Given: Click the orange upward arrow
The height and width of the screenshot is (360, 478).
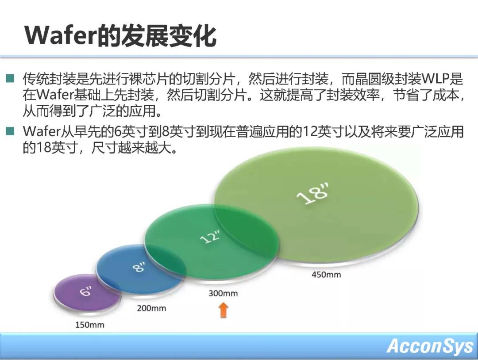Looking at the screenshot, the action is (x=224, y=310).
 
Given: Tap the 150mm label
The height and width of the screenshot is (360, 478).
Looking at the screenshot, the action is (x=89, y=325).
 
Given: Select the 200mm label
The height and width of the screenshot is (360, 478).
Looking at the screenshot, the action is (x=151, y=308).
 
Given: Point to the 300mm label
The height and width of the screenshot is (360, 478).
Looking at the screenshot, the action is (x=223, y=293).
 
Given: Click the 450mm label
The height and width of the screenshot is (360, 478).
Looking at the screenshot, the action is (x=326, y=274).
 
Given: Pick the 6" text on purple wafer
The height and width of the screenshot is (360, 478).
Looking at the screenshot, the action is (x=86, y=291).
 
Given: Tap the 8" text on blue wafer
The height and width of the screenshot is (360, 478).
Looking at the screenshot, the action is (x=139, y=267).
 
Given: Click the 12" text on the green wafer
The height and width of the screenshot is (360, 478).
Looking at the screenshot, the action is (x=210, y=237).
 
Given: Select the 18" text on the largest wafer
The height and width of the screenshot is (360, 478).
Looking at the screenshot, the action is (x=313, y=193).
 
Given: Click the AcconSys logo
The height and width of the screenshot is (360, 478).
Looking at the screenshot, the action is (x=429, y=346).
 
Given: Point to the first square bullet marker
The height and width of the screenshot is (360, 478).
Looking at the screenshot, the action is (x=10, y=78).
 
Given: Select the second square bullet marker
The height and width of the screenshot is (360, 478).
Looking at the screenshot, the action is (x=10, y=131).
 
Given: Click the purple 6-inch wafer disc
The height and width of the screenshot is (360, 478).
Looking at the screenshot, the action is (x=87, y=292).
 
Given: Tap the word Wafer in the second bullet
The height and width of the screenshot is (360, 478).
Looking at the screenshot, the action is (x=42, y=132).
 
